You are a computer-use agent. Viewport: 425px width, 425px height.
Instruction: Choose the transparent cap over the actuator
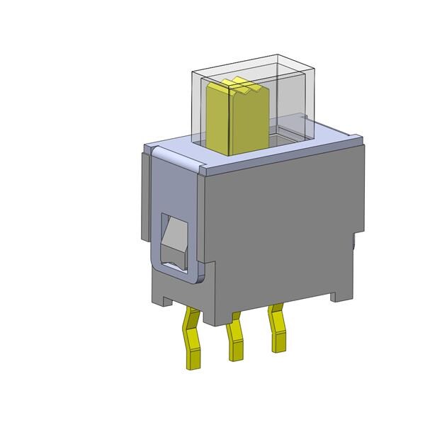coord(283,106)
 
